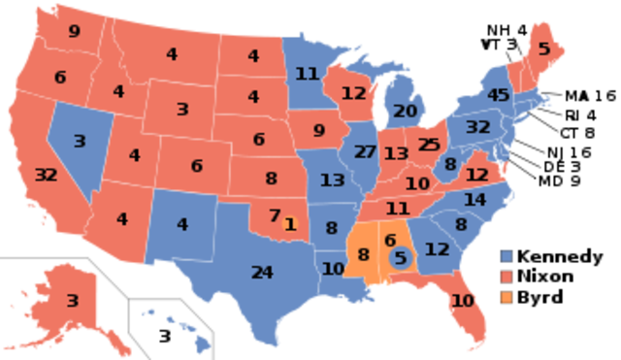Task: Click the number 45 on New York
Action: click(499, 95)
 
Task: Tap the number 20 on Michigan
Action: click(406, 111)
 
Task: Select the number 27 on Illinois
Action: click(365, 152)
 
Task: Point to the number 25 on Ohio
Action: click(428, 146)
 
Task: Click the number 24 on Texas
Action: click(262, 272)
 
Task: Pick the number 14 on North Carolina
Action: click(474, 200)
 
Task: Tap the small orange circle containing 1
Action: click(289, 223)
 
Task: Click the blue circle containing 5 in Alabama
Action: click(400, 258)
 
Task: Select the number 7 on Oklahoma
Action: click(275, 214)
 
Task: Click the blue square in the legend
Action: click(507, 255)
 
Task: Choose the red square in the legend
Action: click(507, 276)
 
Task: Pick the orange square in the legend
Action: click(507, 296)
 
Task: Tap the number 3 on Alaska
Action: click(72, 301)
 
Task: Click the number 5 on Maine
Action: click(543, 49)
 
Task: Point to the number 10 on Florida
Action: click(463, 301)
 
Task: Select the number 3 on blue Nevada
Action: click(80, 141)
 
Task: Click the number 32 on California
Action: click(46, 176)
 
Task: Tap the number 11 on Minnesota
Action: click(307, 74)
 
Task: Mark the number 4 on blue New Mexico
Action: click(182, 225)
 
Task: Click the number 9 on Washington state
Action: click(74, 31)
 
